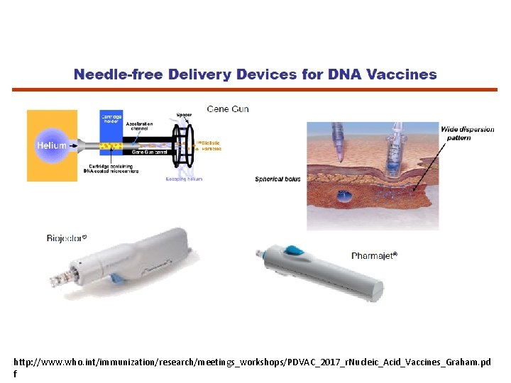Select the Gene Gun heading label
coord(227,109)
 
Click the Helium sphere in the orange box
coord(52,145)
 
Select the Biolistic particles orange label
coord(211,145)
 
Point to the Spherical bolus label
coord(278,179)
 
